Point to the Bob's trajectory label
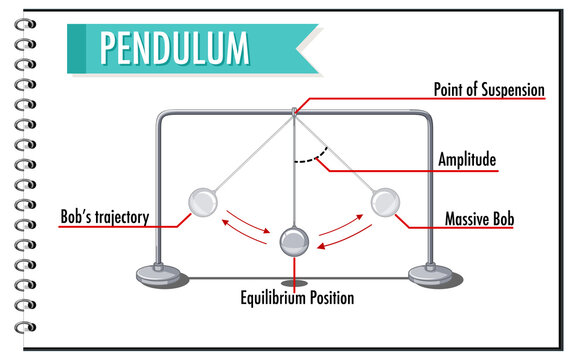pyautogui.click(x=104, y=217)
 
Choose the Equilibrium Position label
pyautogui.click(x=296, y=297)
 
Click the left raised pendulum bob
pyautogui.click(x=203, y=204)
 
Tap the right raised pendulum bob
pyautogui.click(x=385, y=204)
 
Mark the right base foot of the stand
pyautogui.click(x=431, y=272)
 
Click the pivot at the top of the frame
pyautogui.click(x=294, y=111)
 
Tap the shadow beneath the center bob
pyautogui.click(x=294, y=267)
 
